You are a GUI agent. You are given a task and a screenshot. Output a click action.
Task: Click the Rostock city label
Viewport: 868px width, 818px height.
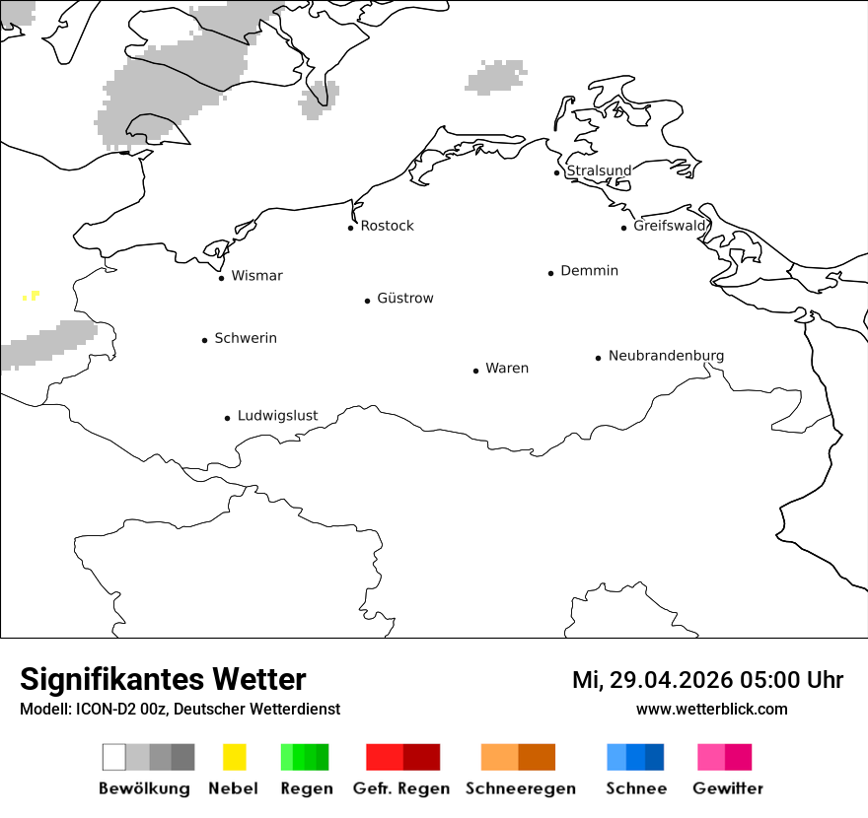pos(387,226)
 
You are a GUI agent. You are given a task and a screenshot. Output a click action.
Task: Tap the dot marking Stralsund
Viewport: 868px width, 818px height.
pos(557,172)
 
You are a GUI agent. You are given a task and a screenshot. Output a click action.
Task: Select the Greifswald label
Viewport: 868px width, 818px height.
pos(670,226)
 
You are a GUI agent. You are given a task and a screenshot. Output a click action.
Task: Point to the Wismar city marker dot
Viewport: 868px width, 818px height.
pos(221,278)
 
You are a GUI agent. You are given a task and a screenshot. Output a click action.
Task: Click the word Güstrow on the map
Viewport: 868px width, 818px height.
pos(404,298)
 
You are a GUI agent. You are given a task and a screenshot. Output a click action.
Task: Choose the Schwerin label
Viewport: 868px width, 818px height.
pos(246,338)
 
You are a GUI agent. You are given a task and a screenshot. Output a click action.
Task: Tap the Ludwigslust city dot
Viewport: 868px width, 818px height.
pos(227,418)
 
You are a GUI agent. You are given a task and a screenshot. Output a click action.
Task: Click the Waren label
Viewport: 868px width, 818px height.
pos(507,369)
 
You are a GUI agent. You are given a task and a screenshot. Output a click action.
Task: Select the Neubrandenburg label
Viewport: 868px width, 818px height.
pos(666,356)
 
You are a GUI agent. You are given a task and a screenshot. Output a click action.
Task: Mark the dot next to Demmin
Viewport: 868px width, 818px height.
pos(550,273)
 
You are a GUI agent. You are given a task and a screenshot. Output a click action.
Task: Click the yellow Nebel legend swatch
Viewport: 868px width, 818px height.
pos(234,757)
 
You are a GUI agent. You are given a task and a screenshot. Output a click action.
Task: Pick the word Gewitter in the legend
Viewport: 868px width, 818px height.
pos(728,788)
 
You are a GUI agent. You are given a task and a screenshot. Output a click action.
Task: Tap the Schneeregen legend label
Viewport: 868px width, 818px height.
pos(520,788)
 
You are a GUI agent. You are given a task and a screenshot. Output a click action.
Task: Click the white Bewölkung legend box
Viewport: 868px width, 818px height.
pos(113,757)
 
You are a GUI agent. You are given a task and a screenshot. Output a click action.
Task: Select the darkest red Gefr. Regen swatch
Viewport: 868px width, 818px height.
pos(422,757)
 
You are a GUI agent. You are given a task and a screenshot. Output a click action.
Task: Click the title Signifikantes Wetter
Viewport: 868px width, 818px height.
pos(163,679)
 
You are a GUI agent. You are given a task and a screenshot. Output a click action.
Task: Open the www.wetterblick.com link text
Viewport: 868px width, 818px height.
pos(711,709)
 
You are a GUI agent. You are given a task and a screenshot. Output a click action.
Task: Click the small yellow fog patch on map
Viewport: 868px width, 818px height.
pos(31,296)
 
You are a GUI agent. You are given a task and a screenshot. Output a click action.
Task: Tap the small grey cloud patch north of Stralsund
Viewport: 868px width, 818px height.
pos(496,77)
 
